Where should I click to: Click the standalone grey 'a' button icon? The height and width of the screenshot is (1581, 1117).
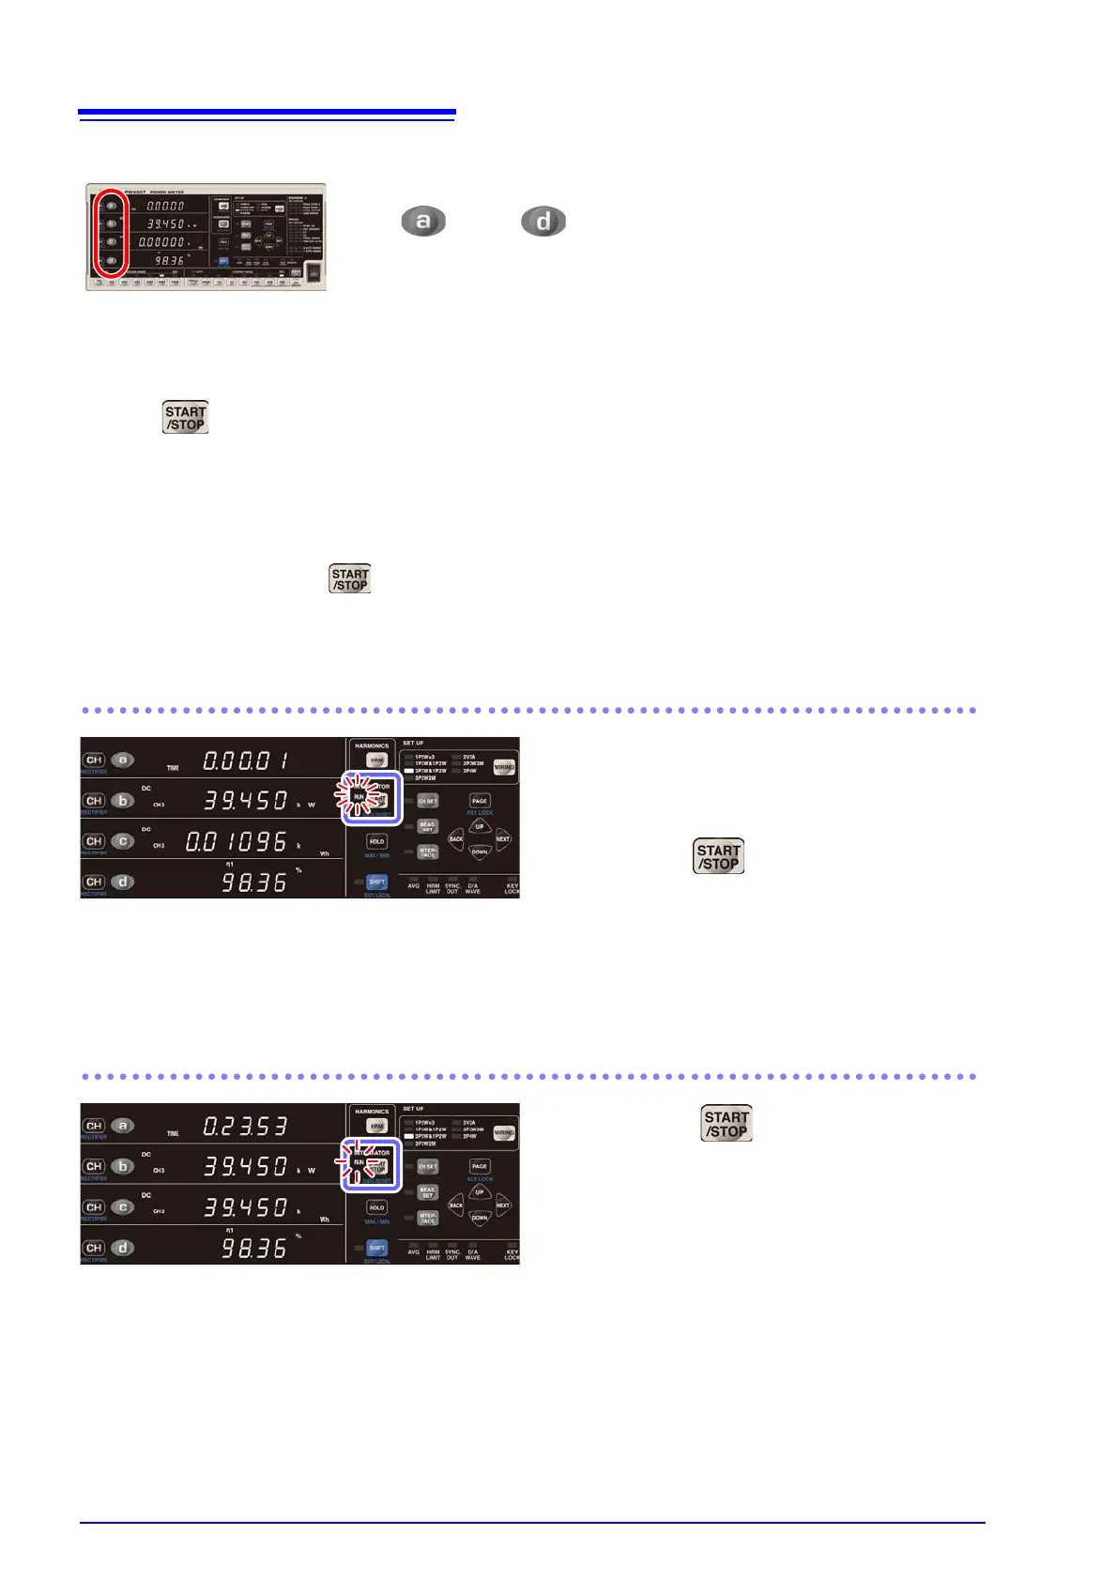[x=422, y=222]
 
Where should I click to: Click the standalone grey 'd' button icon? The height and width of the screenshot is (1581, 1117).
[x=543, y=222]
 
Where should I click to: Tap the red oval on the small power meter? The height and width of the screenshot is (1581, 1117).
[x=111, y=234]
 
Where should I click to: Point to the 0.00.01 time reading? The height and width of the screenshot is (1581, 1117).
[x=246, y=760]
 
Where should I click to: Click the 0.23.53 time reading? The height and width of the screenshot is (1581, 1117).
[x=246, y=1126]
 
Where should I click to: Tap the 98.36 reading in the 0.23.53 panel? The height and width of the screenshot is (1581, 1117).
[x=253, y=1248]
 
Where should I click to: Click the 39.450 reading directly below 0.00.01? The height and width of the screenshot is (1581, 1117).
[x=246, y=801]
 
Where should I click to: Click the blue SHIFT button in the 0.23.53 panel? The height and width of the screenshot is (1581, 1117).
[x=376, y=1248]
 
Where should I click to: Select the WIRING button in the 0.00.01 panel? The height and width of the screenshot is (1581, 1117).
[x=504, y=767]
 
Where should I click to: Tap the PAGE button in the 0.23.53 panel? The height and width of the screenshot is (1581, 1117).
[x=480, y=1166]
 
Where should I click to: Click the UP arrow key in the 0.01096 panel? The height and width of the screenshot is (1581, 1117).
[x=479, y=827]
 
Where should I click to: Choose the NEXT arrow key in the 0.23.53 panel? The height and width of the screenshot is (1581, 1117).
[x=503, y=1205]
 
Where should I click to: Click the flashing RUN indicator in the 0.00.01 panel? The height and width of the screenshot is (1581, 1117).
[x=359, y=797]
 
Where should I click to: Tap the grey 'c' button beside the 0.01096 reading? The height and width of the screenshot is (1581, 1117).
[x=123, y=841]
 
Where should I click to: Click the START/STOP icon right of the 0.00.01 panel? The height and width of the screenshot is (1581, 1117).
[x=718, y=856]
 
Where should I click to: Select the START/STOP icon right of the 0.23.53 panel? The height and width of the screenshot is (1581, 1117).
[x=727, y=1124]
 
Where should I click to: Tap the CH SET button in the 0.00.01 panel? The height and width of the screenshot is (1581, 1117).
[x=428, y=801]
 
